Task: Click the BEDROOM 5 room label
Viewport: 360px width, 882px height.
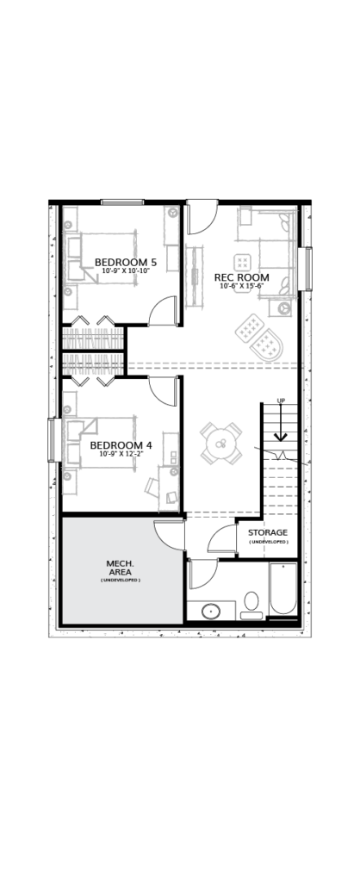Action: click(126, 262)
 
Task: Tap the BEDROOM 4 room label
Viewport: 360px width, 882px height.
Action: click(121, 445)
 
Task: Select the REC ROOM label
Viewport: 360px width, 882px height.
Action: click(242, 277)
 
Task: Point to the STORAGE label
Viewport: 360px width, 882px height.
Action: click(268, 532)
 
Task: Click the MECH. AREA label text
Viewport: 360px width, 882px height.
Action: click(121, 568)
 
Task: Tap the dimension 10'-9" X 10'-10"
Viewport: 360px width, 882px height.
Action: click(126, 270)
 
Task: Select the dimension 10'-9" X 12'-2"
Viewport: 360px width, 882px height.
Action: click(121, 454)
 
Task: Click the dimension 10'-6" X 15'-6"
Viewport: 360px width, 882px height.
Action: click(242, 286)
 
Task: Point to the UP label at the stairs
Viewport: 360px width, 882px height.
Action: click(281, 401)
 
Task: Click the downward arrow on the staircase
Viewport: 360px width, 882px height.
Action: click(281, 422)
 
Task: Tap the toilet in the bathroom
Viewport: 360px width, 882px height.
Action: click(251, 606)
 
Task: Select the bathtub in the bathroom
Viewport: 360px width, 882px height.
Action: click(282, 588)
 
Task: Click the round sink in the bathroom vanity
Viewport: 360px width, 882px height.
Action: click(212, 611)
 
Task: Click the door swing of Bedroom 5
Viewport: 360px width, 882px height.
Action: click(163, 310)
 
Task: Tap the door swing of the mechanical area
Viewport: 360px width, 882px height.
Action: click(169, 536)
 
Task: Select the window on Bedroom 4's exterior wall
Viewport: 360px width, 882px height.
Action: click(52, 440)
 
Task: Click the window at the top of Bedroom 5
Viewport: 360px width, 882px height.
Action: click(122, 202)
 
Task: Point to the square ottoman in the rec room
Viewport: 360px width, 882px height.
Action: click(242, 262)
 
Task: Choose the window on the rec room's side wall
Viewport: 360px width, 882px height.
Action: click(308, 269)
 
